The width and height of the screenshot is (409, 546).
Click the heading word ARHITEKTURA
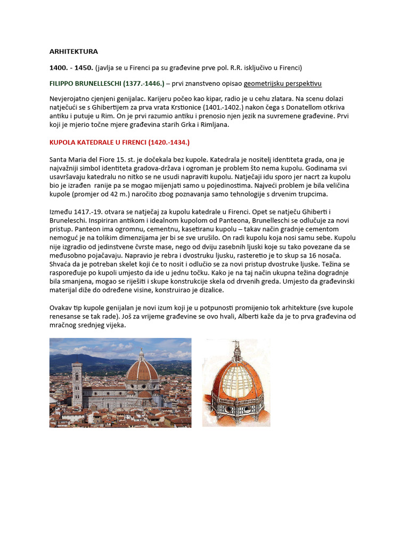[73, 52]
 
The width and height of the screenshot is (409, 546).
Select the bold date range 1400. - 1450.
[71, 68]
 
